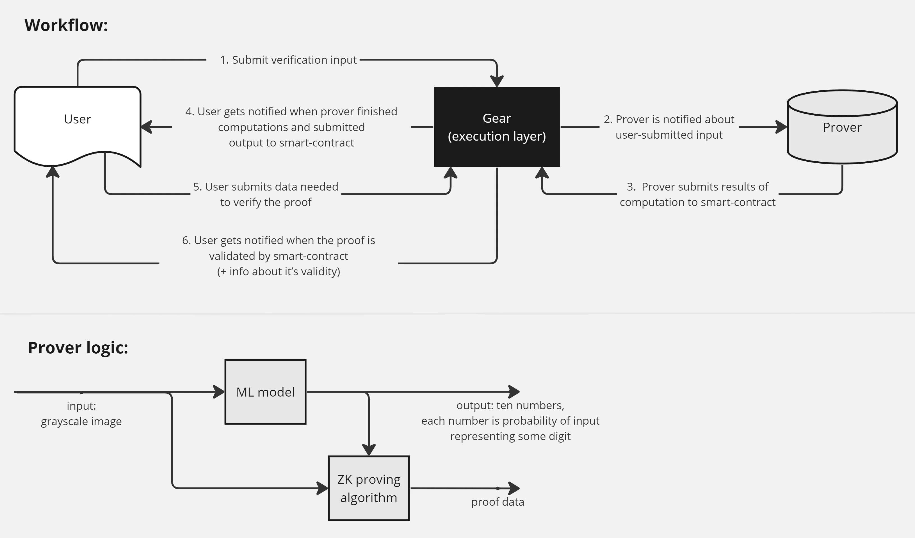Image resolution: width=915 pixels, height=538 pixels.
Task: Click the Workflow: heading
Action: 66,26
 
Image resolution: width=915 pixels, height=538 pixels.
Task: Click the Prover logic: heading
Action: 78,347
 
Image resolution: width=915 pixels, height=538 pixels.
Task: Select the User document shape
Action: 77,120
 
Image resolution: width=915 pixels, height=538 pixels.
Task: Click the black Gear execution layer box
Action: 496,127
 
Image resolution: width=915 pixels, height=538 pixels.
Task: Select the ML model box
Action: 265,392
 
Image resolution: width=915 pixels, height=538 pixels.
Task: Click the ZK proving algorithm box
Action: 369,488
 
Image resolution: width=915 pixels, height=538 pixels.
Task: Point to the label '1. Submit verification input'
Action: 288,60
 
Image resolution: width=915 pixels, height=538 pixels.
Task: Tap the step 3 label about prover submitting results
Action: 697,194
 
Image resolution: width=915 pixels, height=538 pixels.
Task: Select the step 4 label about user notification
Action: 291,127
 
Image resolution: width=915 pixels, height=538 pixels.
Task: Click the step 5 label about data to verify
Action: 266,194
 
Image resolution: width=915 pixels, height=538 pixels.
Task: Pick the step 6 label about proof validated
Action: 279,256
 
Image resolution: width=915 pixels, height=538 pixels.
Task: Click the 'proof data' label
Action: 498,502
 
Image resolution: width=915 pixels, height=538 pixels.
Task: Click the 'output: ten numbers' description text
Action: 510,421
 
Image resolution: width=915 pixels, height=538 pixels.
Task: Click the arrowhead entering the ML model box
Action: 219,392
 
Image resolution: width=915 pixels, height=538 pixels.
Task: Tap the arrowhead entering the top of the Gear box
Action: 497,81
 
